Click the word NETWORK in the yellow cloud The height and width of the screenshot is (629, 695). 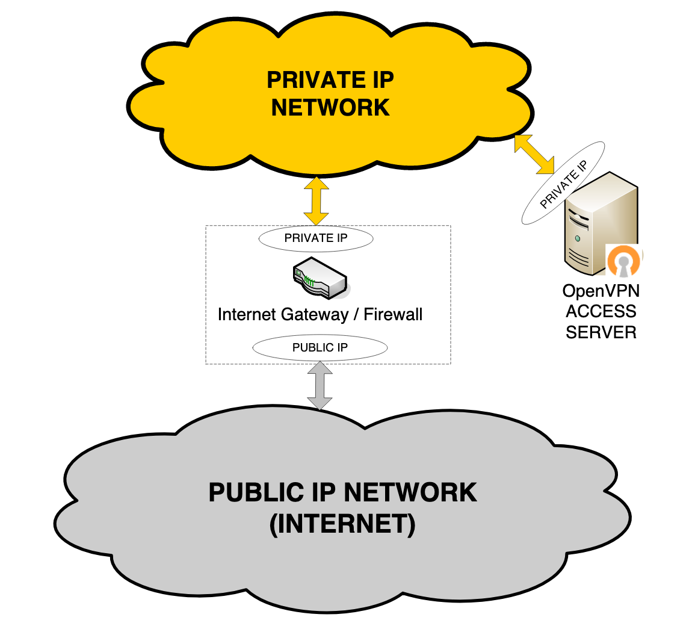pyautogui.click(x=330, y=107)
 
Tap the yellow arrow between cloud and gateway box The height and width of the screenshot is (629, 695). pyautogui.click(x=317, y=200)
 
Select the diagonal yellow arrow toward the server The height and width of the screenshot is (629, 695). pyautogui.click(x=534, y=155)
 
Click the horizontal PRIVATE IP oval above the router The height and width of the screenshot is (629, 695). pyautogui.click(x=316, y=238)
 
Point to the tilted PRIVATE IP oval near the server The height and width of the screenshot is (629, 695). pyautogui.click(x=563, y=184)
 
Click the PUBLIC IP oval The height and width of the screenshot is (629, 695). pyautogui.click(x=320, y=347)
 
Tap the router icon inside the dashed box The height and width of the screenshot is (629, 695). pyautogui.click(x=320, y=277)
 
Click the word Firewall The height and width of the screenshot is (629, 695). pyautogui.click(x=393, y=314)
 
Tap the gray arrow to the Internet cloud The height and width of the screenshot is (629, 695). pyautogui.click(x=320, y=386)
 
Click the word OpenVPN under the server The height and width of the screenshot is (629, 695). pyautogui.click(x=601, y=291)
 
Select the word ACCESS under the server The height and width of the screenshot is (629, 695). pyautogui.click(x=601, y=311)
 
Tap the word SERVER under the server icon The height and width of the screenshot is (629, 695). pyautogui.click(x=601, y=332)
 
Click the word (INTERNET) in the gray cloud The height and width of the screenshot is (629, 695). pyautogui.click(x=342, y=524)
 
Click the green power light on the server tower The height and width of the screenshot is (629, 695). pyautogui.click(x=578, y=238)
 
